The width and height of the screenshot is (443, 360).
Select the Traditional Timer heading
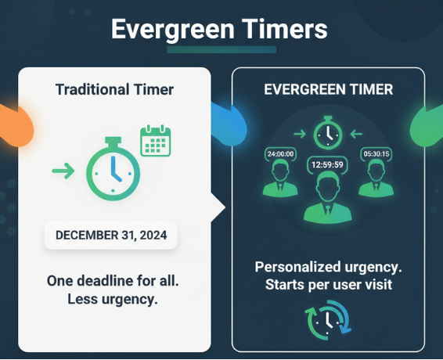114,89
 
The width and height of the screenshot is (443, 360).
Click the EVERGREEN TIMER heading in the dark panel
328,89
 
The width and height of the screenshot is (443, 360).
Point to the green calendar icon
156,141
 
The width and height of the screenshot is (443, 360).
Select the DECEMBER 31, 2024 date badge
111,234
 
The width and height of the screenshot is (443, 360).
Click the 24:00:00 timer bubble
280,154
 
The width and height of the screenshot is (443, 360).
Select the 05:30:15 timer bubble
376,154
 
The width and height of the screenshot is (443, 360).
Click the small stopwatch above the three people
328,133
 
